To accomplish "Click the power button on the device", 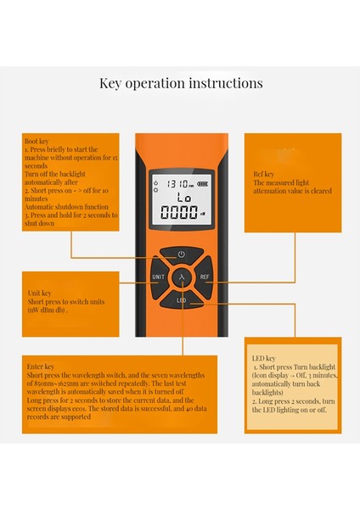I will pyautogui.click(x=181, y=254).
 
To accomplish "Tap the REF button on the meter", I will pyautogui.click(x=205, y=277).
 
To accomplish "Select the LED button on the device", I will pyautogui.click(x=181, y=300).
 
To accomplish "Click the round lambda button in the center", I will pyautogui.click(x=181, y=277).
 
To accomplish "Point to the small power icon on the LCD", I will pyautogui.click(x=155, y=182).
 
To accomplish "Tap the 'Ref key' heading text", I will pyautogui.click(x=267, y=175).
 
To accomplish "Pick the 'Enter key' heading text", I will pyautogui.click(x=42, y=362).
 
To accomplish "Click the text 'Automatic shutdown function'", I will pyautogui.click(x=66, y=206).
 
